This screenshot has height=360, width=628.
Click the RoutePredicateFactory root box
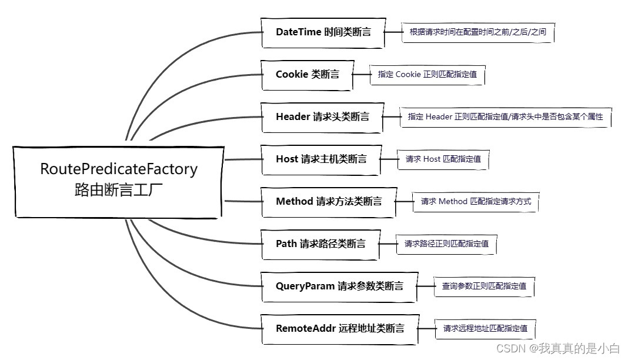coord(119,181)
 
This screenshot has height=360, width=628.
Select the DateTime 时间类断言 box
coord(323,32)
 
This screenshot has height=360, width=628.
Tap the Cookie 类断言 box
coord(307,75)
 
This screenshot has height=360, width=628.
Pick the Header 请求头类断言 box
coord(322,117)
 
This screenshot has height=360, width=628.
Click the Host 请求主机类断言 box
coord(321,159)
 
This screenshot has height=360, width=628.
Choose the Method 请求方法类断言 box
coord(328,202)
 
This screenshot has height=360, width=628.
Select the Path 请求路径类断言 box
coord(320,244)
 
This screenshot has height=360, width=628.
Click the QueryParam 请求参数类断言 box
coord(339,286)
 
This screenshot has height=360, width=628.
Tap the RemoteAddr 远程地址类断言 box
coord(339,329)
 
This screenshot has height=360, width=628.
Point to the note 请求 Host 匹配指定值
coord(443,159)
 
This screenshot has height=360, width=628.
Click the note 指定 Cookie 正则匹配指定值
coord(427,75)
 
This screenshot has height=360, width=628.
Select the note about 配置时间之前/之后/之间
coord(477,32)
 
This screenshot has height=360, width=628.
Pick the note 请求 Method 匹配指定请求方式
coord(475,202)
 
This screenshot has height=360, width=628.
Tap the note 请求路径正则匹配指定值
coord(446,244)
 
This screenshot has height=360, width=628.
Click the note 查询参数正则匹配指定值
coord(483,286)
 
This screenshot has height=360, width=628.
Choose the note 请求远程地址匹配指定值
coord(485,329)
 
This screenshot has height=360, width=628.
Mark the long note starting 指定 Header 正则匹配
coord(505,117)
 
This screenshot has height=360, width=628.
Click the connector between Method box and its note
coord(405,202)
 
